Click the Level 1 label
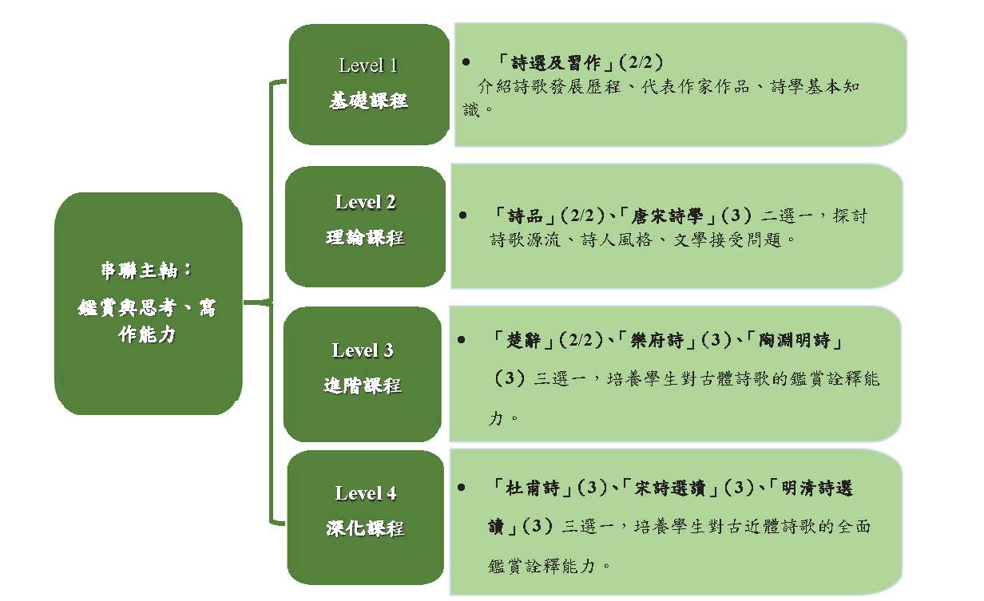[368, 66]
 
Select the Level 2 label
[366, 203]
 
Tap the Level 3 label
[363, 350]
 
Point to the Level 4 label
[366, 493]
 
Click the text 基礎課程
[368, 101]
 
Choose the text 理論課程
[365, 238]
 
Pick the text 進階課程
[363, 386]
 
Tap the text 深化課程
[365, 528]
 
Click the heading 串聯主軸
[140, 271]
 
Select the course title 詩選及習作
[556, 63]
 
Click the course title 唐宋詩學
[666, 216]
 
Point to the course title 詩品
[525, 216]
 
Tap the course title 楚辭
[523, 340]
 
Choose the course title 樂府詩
[657, 340]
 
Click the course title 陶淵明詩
[794, 340]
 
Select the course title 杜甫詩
[532, 488]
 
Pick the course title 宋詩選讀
[669, 488]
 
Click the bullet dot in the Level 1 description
[466, 62]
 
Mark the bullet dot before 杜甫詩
[462, 488]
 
